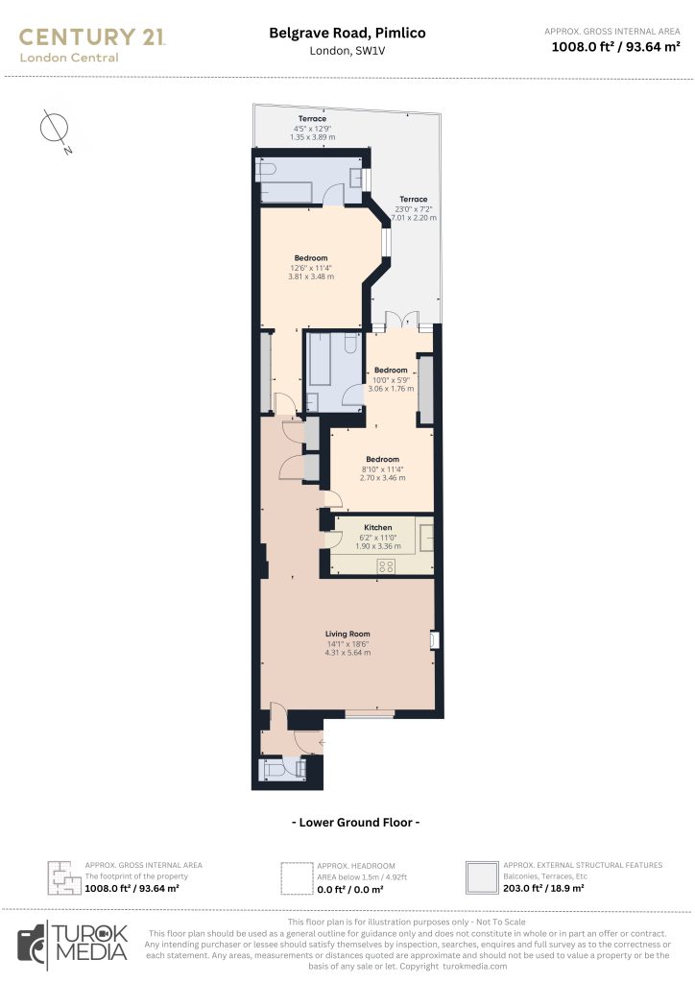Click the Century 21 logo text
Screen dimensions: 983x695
[92, 37]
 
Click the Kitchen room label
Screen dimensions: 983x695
[377, 528]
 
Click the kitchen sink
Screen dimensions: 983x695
[424, 535]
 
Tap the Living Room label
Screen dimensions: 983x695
[347, 634]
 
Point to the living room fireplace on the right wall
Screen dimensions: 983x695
[435, 638]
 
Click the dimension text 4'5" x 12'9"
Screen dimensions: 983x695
[311, 129]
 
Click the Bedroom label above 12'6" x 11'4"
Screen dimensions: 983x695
[311, 258]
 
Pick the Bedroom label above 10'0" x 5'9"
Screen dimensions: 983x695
[392, 371]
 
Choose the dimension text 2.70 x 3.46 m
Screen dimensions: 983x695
[381, 477]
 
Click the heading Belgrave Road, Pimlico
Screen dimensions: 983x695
[347, 33]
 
